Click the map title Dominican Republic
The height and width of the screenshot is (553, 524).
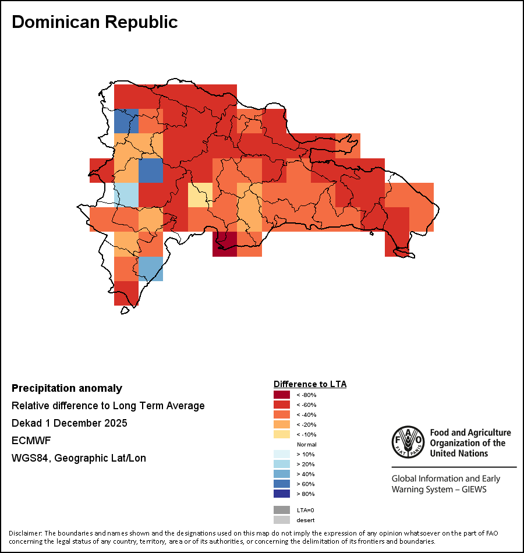pos(94,22)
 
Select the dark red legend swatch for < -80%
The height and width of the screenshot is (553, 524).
pos(282,395)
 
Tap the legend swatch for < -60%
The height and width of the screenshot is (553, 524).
pos(282,405)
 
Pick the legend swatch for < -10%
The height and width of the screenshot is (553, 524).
pos(282,434)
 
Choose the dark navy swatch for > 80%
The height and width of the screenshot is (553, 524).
pos(282,494)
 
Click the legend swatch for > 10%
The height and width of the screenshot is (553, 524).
pos(282,454)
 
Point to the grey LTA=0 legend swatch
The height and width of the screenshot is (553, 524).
pos(282,510)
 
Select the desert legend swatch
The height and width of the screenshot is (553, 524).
pos(282,520)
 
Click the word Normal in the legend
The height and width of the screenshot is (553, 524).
pos(306,444)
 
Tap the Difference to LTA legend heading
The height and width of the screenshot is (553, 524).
pos(310,384)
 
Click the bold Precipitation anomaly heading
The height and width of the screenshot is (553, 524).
pos(67,388)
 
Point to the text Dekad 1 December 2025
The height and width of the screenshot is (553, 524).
pos(69,423)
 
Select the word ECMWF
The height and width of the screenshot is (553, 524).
pos(31,441)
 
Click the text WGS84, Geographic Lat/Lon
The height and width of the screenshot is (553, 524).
pos(79,458)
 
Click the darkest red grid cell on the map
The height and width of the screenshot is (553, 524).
pos(225,244)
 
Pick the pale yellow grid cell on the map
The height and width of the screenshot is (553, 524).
pos(200,195)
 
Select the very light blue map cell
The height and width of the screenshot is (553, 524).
pos(126,195)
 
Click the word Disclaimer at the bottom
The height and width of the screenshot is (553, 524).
pos(25,533)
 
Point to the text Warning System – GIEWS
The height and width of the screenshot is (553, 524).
pos(439,489)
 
